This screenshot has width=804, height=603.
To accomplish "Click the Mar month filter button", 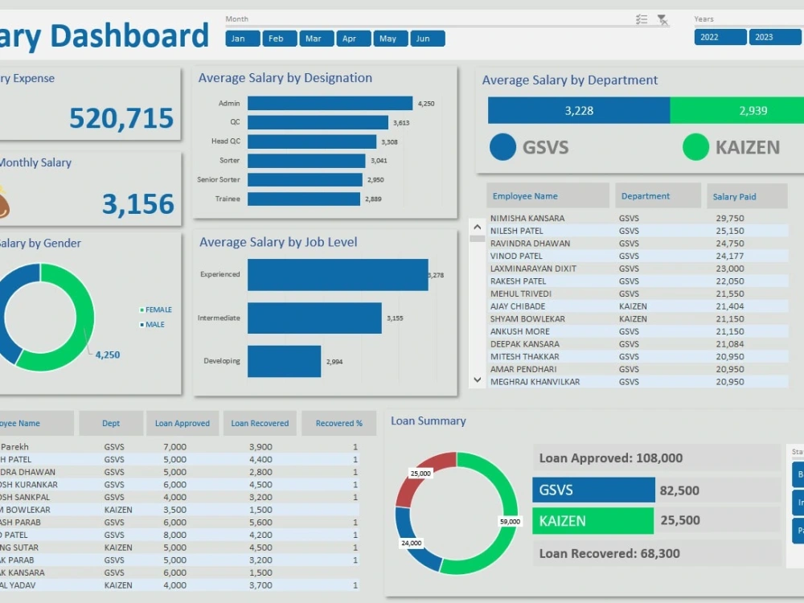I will coord(314,39).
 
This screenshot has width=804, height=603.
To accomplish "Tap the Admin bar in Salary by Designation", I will coord(330,103).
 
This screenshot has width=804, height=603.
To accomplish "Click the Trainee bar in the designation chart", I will coord(303,199).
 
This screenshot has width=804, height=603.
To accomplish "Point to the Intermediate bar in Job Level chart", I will coord(314,318).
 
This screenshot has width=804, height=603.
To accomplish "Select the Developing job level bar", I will coord(284,361).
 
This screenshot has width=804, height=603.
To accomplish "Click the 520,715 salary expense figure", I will coord(121,118).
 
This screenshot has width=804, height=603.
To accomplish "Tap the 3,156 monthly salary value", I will coord(137,204).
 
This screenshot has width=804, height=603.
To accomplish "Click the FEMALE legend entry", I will coord(158,310).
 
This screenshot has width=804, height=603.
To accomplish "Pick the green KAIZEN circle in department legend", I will coord(695,147).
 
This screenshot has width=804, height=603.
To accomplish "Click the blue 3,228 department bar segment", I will coord(578,111).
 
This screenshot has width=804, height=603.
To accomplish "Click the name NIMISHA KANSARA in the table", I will coord(527,218).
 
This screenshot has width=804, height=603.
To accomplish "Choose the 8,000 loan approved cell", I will coord(174,535).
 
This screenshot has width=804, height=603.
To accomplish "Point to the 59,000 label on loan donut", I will coord(510,521).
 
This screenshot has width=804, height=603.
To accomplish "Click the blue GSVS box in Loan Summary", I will coord(593,490).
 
